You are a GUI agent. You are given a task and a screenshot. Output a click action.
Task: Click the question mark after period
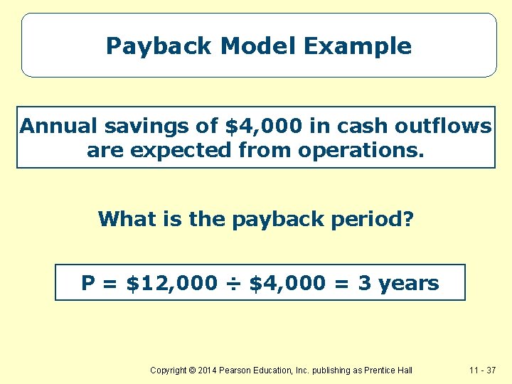tap(407, 218)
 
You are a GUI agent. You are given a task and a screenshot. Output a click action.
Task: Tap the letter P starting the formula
tap(88, 283)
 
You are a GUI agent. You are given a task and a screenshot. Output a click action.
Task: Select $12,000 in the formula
tap(171, 283)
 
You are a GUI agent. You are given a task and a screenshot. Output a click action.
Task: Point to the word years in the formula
tap(408, 284)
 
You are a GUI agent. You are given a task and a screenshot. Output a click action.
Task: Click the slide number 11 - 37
tap(484, 370)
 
